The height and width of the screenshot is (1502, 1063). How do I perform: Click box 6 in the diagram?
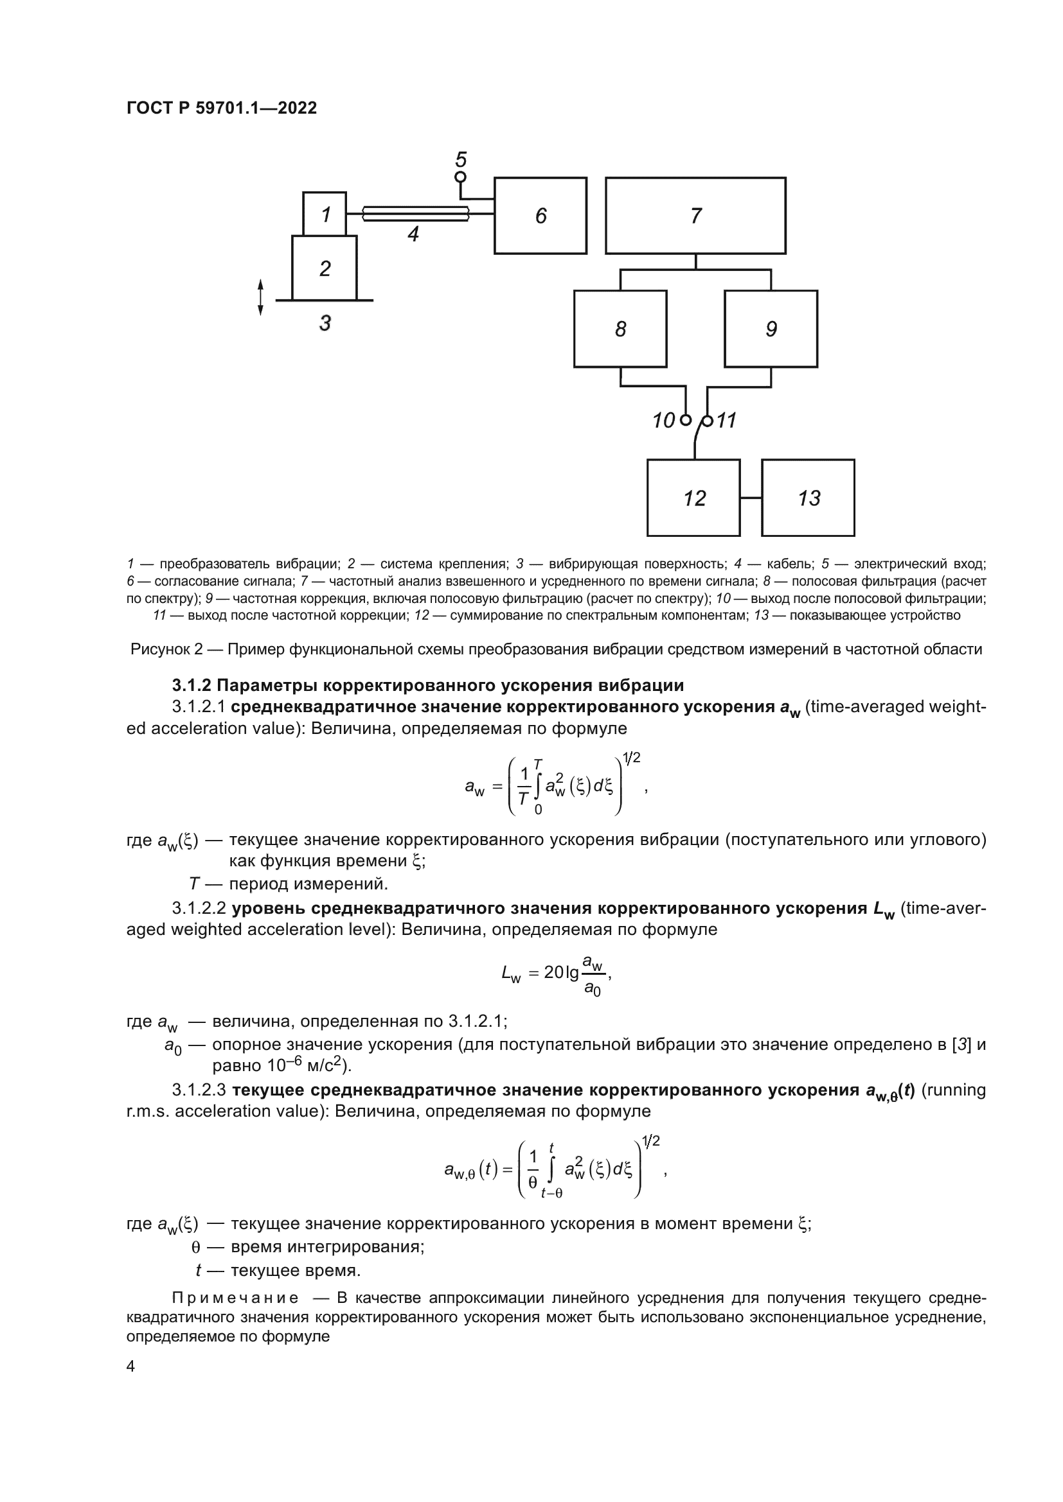point(540,215)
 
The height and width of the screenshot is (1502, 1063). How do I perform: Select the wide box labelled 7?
point(695,215)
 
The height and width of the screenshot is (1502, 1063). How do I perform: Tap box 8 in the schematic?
point(620,328)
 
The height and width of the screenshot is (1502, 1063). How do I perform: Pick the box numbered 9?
point(771,328)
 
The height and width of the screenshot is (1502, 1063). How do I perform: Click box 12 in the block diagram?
point(693,498)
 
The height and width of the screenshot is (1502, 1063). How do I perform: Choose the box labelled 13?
point(808,498)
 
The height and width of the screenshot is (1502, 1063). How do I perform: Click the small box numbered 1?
point(325,214)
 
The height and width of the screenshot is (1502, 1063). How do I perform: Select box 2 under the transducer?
point(324,268)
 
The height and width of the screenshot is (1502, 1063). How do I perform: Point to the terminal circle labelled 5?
point(460,177)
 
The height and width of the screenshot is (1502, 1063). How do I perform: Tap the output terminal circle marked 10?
point(685,420)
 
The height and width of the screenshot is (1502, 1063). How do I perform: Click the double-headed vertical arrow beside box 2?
point(260,297)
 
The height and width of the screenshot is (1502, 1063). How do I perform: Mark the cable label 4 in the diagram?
point(413,234)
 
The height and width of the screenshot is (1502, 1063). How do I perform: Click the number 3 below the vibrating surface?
point(325,322)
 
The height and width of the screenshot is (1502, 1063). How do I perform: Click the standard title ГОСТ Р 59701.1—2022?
point(221,108)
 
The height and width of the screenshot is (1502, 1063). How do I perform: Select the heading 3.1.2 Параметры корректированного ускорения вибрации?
point(427,685)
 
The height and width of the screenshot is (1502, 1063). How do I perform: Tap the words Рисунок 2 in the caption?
point(166,649)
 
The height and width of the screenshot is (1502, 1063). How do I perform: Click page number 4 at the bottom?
point(130,1366)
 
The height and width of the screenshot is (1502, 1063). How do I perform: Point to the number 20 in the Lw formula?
point(554,973)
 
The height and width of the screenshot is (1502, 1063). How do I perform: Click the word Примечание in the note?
point(235,1297)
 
